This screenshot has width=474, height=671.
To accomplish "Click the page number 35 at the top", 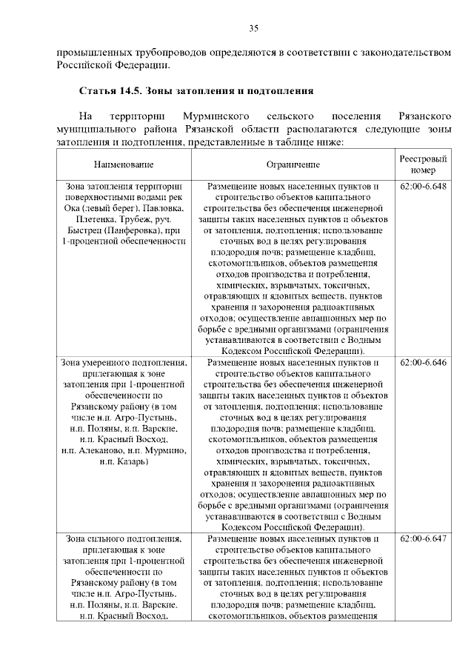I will tap(253, 28).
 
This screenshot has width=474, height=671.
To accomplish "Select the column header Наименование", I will tap(124, 164).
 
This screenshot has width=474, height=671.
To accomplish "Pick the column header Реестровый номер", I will tap(423, 164).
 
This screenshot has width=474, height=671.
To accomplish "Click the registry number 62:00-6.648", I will tap(423, 187).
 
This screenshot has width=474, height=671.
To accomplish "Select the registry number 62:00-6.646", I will tap(423, 363).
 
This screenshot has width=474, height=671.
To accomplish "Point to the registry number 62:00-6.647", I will tap(423, 538).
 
